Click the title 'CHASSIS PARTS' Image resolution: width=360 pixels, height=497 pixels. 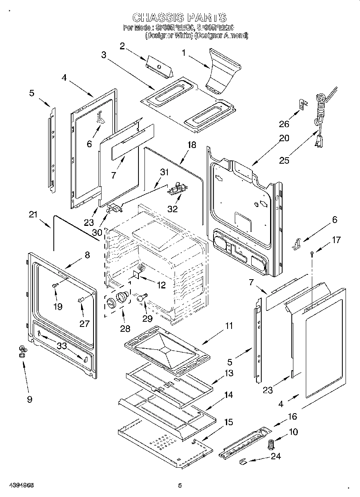coord(179,17)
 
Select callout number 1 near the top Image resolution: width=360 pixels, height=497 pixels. coord(184,52)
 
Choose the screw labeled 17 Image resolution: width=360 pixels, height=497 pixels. coord(312,253)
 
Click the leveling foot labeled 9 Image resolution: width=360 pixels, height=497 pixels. coord(22,351)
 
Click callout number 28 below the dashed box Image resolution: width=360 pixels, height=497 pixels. coord(125,329)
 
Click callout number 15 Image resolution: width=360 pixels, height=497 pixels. coord(228,422)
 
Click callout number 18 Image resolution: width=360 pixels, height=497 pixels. coord(192,145)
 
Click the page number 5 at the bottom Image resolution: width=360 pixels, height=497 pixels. coord(180,486)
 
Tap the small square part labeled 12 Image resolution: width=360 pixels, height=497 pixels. coord(137,274)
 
